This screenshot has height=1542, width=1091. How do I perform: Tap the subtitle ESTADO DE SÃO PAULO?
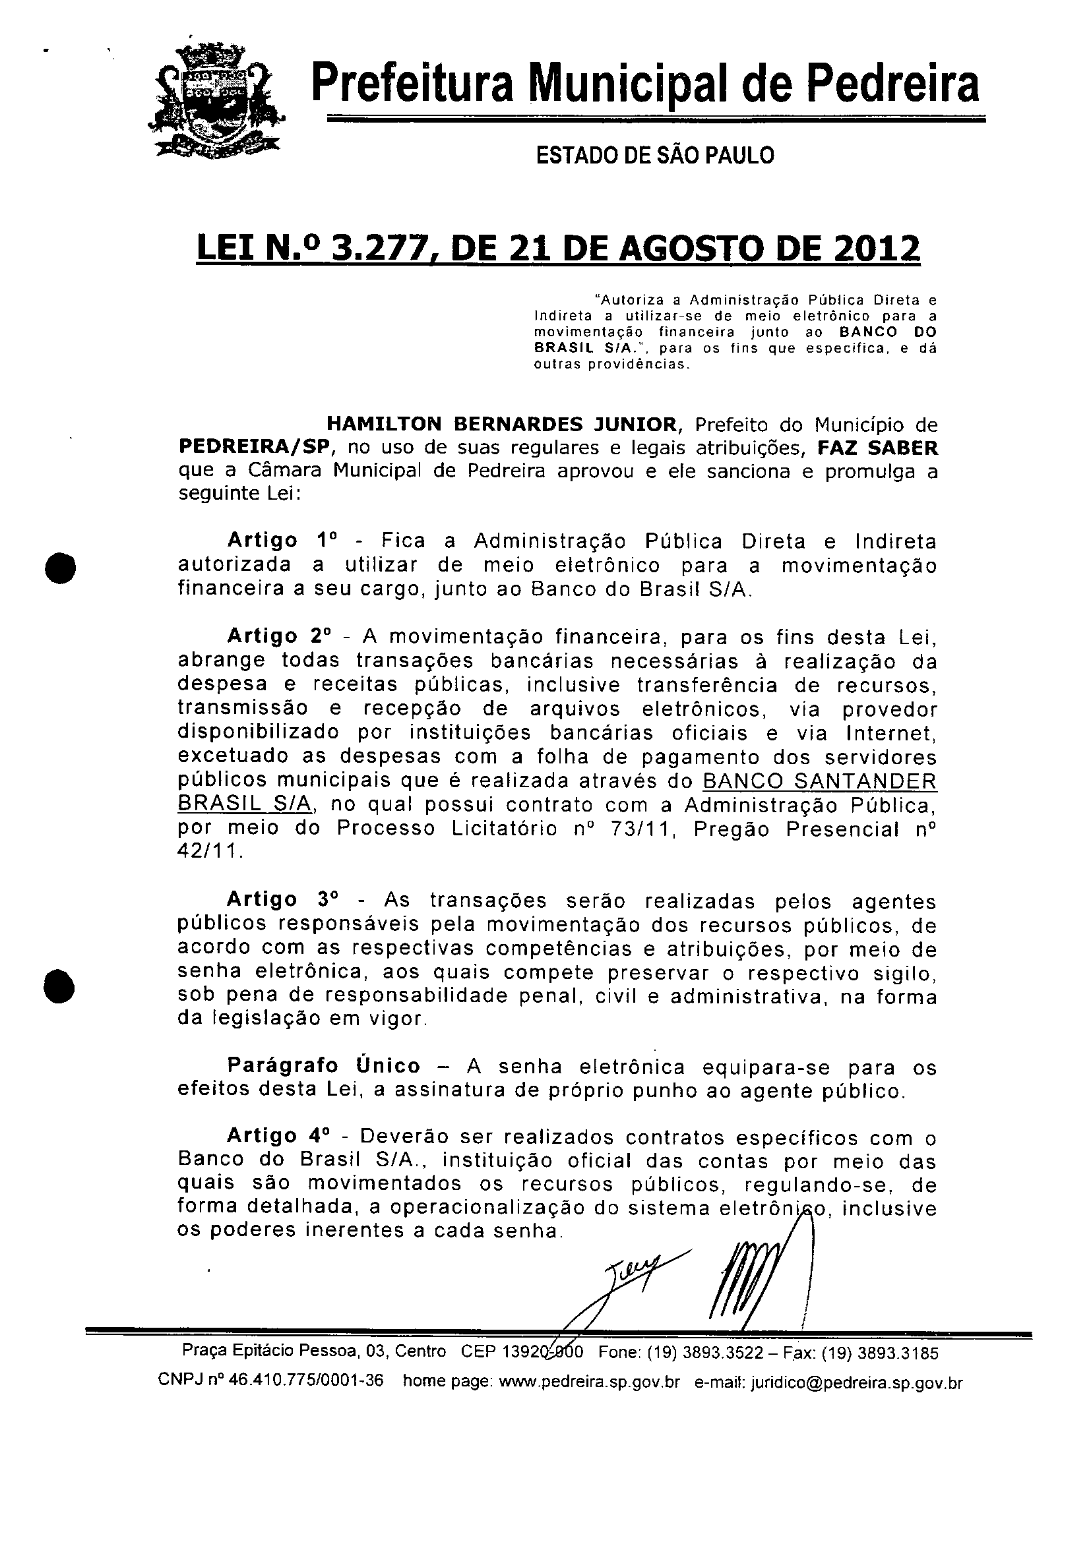pyautogui.click(x=654, y=156)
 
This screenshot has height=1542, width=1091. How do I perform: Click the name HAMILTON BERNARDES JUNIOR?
pyautogui.click(x=501, y=425)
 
